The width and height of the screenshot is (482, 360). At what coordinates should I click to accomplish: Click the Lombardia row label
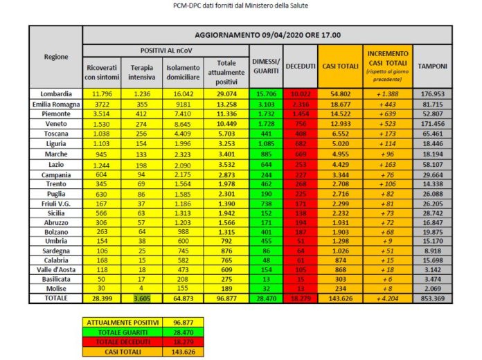coord(55,93)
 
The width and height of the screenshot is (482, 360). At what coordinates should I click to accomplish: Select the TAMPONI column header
coord(432,66)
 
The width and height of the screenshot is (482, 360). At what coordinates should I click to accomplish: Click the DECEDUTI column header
coord(299,66)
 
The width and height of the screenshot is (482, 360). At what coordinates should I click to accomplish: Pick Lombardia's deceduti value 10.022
coord(299,93)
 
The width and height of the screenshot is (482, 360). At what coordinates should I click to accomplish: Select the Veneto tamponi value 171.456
coord(432,123)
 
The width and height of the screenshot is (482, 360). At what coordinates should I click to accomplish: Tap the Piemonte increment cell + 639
coord(385,113)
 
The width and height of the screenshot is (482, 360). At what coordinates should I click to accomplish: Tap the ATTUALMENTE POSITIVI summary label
coord(122,323)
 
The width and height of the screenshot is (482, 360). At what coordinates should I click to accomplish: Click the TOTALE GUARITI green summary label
coord(122,332)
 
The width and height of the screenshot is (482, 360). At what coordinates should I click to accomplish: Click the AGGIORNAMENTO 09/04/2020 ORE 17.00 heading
coord(267,35)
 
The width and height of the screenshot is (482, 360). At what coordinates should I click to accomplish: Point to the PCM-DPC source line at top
coord(240,6)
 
